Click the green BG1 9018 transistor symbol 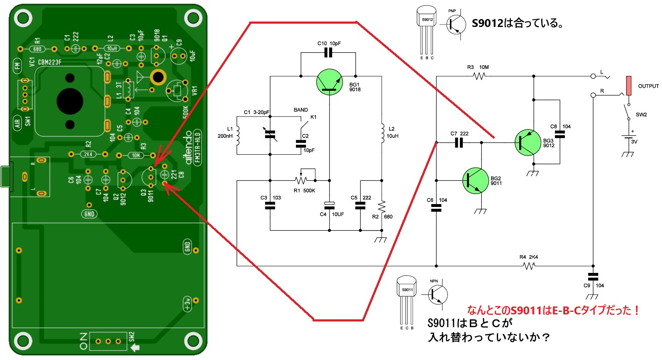pyautogui.click(x=329, y=82)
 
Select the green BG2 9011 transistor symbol pyautogui.click(x=475, y=180)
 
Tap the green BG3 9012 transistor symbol pyautogui.click(x=528, y=142)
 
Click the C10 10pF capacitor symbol pyautogui.click(x=328, y=53)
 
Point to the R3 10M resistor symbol pyautogui.click(x=479, y=76)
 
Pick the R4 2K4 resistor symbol pyautogui.click(x=529, y=266)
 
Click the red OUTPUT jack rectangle pyautogui.click(x=629, y=85)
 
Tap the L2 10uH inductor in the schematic pyautogui.click(x=382, y=133)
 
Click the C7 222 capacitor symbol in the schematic pyautogui.click(x=459, y=143)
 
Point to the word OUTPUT pyautogui.click(x=648, y=86)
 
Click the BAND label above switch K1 pyautogui.click(x=300, y=110)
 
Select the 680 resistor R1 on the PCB pyautogui.click(x=37, y=49)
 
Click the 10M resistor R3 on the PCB pyautogui.click(x=136, y=156)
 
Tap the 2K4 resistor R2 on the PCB pyautogui.click(x=88, y=154)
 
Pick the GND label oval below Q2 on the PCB pyautogui.click(x=89, y=214)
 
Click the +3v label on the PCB pyautogui.click(x=187, y=304)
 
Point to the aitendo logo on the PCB pyautogui.click(x=189, y=148)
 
